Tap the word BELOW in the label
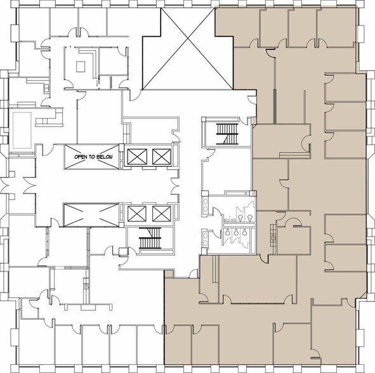[x=100, y=156]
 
